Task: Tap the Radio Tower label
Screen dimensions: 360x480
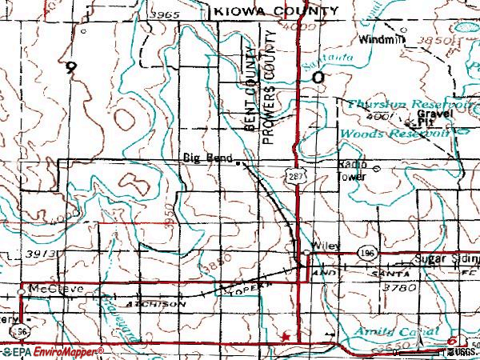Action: [350, 170]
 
